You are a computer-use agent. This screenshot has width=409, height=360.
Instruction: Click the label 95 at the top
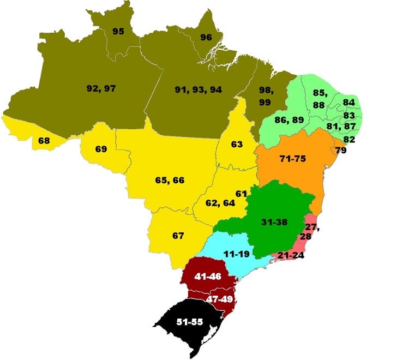click(x=118, y=31)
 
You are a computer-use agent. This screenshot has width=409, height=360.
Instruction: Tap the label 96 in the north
click(x=206, y=37)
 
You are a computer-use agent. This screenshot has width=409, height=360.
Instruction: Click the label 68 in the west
click(x=44, y=141)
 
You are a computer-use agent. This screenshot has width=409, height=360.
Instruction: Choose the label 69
click(x=101, y=149)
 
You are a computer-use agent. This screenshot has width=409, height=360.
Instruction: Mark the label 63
click(x=236, y=145)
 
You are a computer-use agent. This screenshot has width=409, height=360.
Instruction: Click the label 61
click(x=241, y=194)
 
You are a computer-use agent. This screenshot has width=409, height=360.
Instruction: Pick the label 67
click(x=178, y=236)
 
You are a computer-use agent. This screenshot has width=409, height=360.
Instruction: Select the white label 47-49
click(x=219, y=299)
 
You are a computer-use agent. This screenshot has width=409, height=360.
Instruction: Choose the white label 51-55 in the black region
click(x=191, y=322)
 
